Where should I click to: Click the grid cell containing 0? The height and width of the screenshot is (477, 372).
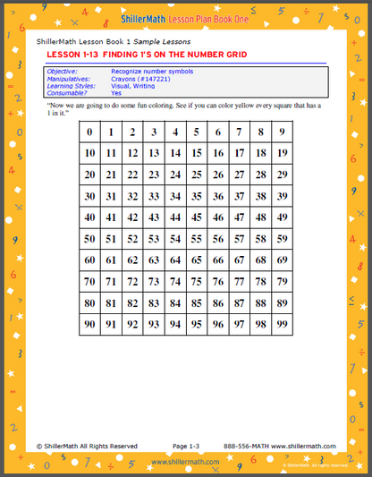click(89, 132)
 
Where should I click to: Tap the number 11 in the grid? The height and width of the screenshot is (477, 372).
click(111, 154)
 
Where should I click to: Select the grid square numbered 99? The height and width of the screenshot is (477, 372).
click(283, 325)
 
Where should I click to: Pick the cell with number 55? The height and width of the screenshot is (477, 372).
click(197, 240)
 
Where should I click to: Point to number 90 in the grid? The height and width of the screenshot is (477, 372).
click(89, 325)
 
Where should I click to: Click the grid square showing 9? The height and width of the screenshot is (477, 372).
click(283, 132)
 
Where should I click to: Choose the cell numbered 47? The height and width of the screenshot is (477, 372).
click(240, 218)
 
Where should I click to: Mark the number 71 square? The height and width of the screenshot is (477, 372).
click(111, 282)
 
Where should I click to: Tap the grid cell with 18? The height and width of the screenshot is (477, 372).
click(261, 154)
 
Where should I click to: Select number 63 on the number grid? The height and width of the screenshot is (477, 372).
click(154, 261)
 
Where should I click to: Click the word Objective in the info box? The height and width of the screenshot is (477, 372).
click(63, 70)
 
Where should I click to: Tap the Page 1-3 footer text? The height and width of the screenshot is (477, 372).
click(187, 446)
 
